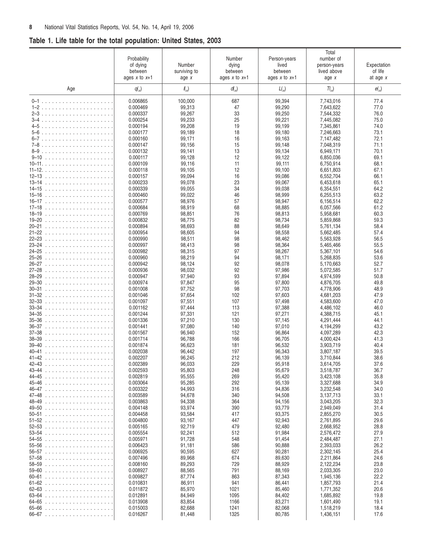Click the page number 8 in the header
pyautogui.click(x=31, y=27)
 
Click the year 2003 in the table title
pyautogui.click(x=214, y=41)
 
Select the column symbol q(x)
pyautogui.click(x=138, y=89)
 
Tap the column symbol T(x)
pyautogui.click(x=330, y=89)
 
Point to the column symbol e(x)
pyautogui.click(x=378, y=89)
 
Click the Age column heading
pyautogui.click(x=71, y=89)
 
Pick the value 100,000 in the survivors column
pyautogui.click(x=186, y=101)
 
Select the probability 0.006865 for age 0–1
pyautogui.click(x=138, y=101)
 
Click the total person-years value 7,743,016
pyautogui.click(x=330, y=101)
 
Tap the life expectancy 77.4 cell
pyautogui.click(x=378, y=101)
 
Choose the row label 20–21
pyautogui.click(x=36, y=227)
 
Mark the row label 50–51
pyautogui.click(x=36, y=414)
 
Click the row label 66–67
pyautogui.click(x=36, y=514)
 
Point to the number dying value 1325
pyautogui.click(x=234, y=514)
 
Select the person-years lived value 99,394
pyautogui.click(x=282, y=101)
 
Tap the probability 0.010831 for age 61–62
pyautogui.click(x=138, y=483)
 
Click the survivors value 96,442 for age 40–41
pyautogui.click(x=187, y=352)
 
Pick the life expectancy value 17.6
pyautogui.click(x=378, y=514)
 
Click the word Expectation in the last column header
pyautogui.click(x=378, y=65)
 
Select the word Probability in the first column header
pyautogui.click(x=138, y=59)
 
